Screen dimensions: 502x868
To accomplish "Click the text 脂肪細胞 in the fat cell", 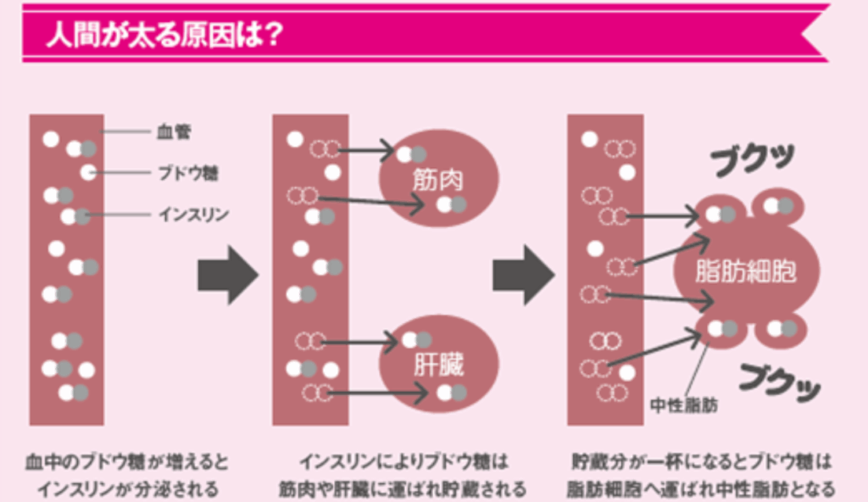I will tap(746, 271).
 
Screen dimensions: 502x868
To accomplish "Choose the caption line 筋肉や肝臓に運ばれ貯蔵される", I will tap(402, 488).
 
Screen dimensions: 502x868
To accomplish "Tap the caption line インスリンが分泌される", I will tap(127, 488).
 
